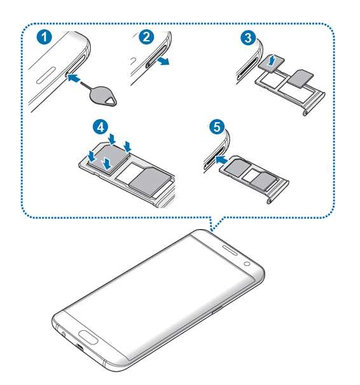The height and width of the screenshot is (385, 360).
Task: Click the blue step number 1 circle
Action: (x=45, y=38)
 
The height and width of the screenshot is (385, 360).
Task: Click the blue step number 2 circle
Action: (x=146, y=37)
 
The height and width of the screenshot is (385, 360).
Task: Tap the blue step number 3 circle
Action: (x=248, y=38)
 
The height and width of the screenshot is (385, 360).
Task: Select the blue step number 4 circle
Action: (x=100, y=127)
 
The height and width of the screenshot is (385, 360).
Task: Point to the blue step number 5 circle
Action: (x=217, y=127)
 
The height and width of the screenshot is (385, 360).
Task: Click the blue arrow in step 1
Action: (x=74, y=78)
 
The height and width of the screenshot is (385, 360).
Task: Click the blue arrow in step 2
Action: (x=163, y=60)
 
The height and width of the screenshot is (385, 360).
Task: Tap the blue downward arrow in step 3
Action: (x=271, y=60)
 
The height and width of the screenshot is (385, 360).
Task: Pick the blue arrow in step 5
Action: (x=221, y=160)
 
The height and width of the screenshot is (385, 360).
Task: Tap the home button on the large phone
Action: (x=88, y=337)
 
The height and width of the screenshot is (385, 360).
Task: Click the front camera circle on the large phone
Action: (x=247, y=264)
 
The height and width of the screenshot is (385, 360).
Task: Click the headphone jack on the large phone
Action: (x=64, y=334)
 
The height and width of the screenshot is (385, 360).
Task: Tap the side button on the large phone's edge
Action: (x=217, y=310)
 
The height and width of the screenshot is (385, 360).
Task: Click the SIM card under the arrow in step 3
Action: (x=272, y=64)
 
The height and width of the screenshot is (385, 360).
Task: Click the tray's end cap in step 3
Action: (x=315, y=103)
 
